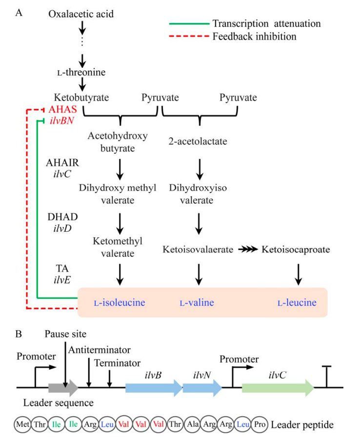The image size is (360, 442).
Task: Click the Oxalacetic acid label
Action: pos(81,14)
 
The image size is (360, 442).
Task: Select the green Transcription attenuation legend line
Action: pos(187,23)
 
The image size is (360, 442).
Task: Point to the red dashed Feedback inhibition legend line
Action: pos(187,36)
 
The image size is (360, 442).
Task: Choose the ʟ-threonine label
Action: pos(81,73)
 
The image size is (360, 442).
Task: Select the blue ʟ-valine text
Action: pos(197,303)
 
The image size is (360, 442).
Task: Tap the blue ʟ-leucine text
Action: pos(297,303)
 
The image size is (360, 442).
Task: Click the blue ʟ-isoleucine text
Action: pos(120,303)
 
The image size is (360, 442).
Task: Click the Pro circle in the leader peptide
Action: pos(260,424)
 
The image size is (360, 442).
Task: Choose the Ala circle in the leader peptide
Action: pos(192,424)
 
